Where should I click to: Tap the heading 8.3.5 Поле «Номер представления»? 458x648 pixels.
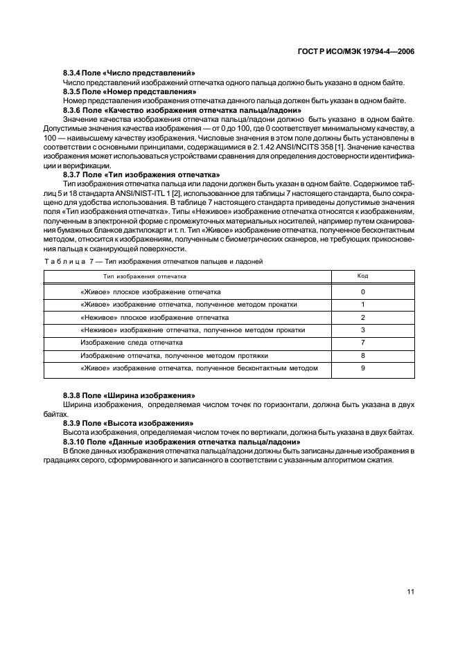[x=127, y=91]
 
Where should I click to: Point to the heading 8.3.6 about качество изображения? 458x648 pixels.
[x=182, y=110]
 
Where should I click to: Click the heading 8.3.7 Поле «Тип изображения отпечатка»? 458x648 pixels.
[x=141, y=174]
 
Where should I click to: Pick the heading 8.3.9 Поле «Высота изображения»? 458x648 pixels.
[x=128, y=422]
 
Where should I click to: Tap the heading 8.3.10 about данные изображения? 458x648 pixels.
[x=182, y=441]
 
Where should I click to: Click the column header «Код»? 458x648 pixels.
[x=362, y=276]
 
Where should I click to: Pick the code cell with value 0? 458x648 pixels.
[x=362, y=292]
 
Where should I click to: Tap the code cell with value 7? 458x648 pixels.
[x=362, y=343]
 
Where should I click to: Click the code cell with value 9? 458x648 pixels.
[x=362, y=368]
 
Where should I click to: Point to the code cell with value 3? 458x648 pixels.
[x=362, y=330]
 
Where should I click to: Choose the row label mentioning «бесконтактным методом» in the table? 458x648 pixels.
[x=199, y=368]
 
